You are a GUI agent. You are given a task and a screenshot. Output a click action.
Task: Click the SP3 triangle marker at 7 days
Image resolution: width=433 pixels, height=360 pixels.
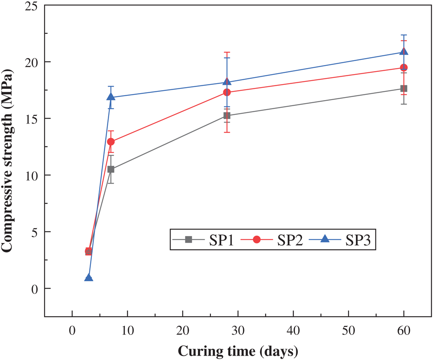[111, 97]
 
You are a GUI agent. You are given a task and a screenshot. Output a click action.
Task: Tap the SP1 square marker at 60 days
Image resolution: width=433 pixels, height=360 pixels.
[404, 88]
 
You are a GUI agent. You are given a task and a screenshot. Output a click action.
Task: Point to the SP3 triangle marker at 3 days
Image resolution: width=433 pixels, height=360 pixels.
[88, 277]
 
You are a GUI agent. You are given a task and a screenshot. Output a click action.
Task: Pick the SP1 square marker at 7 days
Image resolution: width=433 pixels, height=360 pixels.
[111, 169]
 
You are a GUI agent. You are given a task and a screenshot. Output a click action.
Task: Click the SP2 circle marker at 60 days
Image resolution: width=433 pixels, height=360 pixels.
[404, 68]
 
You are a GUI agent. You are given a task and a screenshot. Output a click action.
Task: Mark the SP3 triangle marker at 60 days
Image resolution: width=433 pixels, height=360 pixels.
[404, 52]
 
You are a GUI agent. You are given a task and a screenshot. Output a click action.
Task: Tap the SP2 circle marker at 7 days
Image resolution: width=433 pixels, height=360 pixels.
[111, 142]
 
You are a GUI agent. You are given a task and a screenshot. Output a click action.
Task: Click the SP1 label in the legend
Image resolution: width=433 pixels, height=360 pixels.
[222, 240]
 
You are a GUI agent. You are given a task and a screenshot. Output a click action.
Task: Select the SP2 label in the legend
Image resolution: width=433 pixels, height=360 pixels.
[290, 240]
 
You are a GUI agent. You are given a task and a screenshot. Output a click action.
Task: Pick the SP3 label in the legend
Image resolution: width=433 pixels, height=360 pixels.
[358, 240]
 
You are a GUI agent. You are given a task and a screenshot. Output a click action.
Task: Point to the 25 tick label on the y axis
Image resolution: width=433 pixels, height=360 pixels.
[32, 6]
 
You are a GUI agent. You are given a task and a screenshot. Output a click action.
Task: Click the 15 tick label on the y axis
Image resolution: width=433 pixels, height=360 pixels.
[32, 119]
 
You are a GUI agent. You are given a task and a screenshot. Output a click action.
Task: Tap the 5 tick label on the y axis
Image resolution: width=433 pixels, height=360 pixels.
[35, 232]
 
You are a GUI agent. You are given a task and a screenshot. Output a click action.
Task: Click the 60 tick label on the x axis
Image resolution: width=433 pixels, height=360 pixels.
[404, 332]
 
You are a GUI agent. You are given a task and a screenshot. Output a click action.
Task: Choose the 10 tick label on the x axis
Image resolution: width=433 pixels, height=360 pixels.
[127, 332]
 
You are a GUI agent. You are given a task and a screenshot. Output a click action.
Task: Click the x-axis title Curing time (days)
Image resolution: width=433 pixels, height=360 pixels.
[238, 350]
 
